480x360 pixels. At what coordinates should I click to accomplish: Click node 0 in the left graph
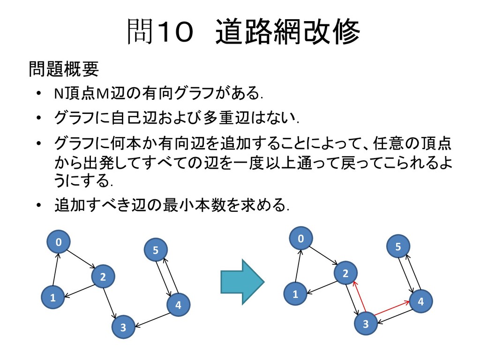click(59, 242)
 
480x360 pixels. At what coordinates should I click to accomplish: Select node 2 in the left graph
click(103, 277)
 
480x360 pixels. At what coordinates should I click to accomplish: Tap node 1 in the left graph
click(52, 297)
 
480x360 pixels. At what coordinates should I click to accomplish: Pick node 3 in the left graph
click(123, 327)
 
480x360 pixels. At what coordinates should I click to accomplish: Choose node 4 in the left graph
click(178, 305)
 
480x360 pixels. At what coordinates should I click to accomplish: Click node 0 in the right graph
click(301, 239)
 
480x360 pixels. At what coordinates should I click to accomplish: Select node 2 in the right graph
click(345, 273)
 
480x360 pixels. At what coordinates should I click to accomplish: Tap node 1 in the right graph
click(295, 294)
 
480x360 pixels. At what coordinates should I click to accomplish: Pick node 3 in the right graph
click(366, 324)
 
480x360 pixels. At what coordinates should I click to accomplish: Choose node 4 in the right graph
click(420, 302)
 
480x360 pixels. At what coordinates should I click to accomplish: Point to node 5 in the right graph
click(398, 247)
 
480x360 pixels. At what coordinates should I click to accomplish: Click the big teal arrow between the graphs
click(242, 281)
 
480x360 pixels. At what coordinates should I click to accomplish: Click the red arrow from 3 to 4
click(392, 308)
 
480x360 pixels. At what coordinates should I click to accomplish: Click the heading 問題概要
click(64, 69)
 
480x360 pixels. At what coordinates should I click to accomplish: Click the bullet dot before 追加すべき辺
click(40, 205)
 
